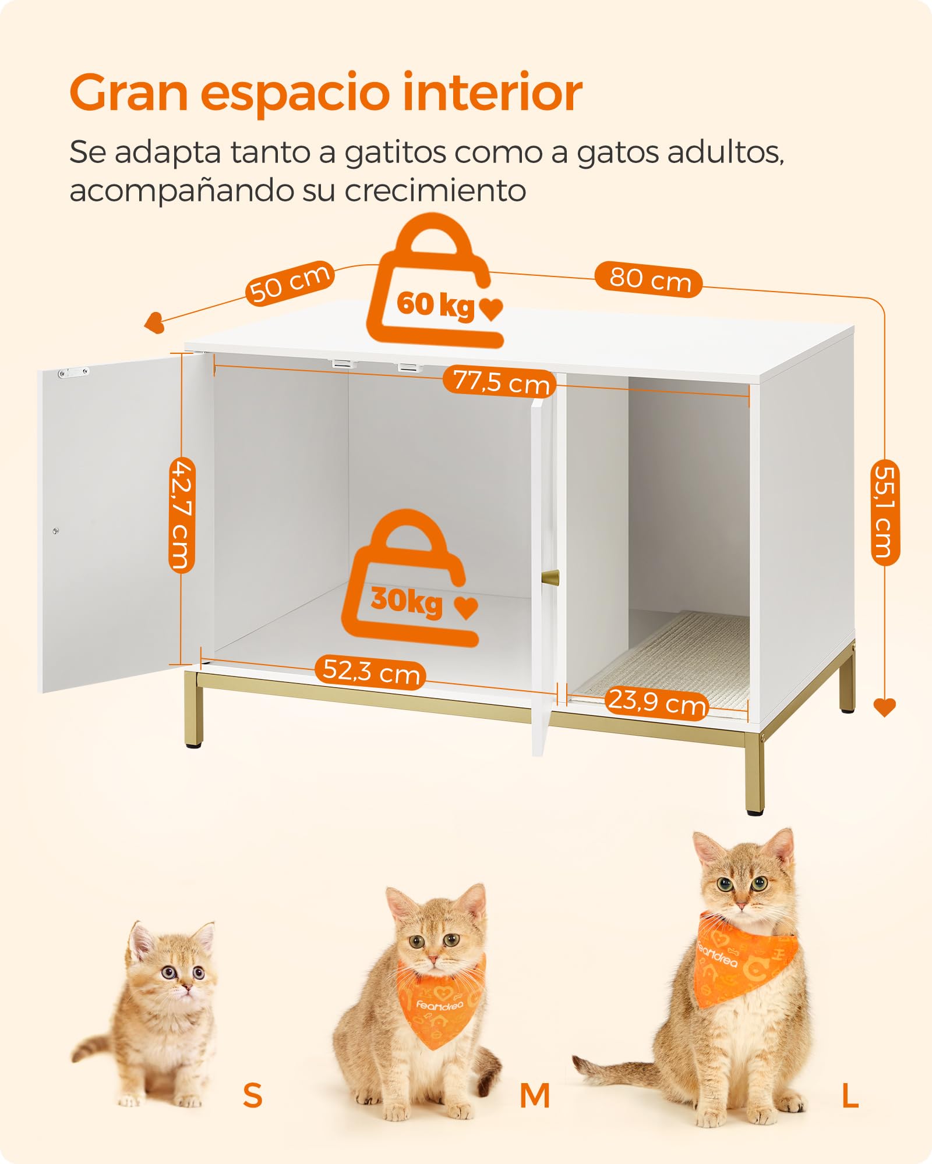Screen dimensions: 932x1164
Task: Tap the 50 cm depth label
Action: click(290, 283)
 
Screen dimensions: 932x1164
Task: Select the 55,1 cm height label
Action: click(885, 512)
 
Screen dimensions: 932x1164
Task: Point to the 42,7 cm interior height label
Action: click(182, 515)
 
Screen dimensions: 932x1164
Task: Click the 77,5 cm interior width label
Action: click(500, 382)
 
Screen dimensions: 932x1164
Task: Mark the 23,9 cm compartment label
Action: click(656, 702)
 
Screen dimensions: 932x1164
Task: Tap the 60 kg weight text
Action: click(436, 304)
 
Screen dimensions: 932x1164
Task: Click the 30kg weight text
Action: click(407, 601)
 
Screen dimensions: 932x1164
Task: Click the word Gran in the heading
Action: click(129, 93)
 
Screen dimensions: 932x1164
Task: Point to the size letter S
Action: click(253, 1095)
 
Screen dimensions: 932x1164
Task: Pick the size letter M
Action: click(535, 1096)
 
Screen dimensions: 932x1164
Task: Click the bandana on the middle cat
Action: click(441, 998)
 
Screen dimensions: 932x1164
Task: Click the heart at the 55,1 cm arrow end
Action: click(884, 707)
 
